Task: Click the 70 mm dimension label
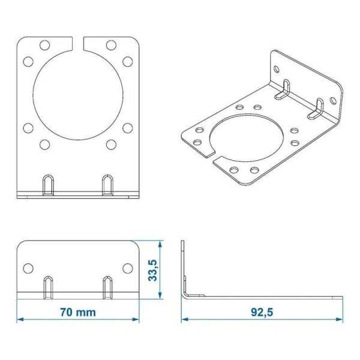coord(78,313)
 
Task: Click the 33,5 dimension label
coord(153,270)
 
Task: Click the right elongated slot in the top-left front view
coord(107,184)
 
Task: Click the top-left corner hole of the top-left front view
coord(45,45)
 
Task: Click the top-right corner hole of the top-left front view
coord(111,45)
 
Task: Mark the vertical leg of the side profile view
coord(182,264)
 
